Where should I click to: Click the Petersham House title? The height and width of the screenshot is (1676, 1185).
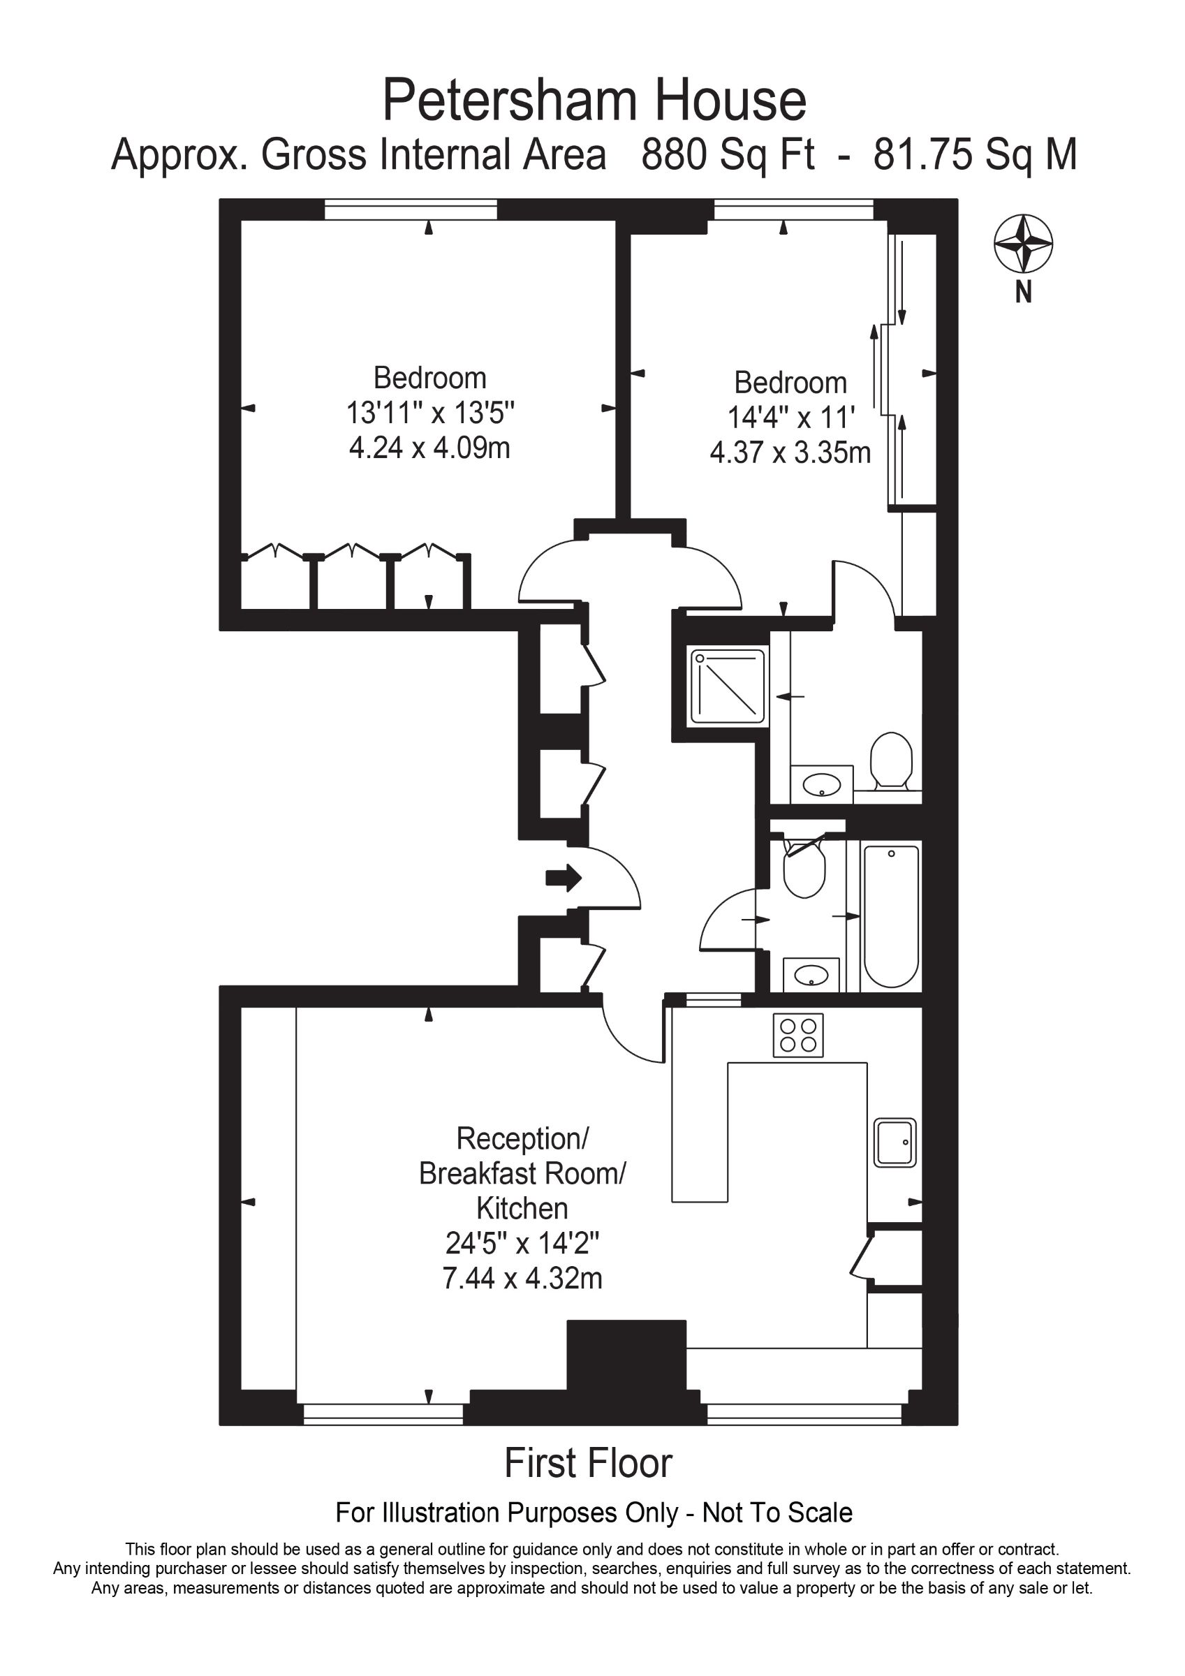click(594, 101)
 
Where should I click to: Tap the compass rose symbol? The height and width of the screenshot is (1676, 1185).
click(1023, 243)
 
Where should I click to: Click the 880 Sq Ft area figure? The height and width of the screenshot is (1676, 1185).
click(728, 156)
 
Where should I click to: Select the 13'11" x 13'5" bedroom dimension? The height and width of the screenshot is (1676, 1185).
click(430, 413)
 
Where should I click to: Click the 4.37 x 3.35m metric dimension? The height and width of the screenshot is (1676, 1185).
click(790, 453)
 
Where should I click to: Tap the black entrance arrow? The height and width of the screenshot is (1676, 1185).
click(564, 878)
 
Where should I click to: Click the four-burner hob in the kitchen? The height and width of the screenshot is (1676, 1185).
click(798, 1035)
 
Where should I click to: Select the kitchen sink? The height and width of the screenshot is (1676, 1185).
click(895, 1142)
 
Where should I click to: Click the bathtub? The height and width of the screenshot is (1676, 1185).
click(891, 916)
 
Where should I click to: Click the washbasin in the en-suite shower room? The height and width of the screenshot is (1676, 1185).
click(822, 785)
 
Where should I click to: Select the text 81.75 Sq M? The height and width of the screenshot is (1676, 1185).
click(976, 156)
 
